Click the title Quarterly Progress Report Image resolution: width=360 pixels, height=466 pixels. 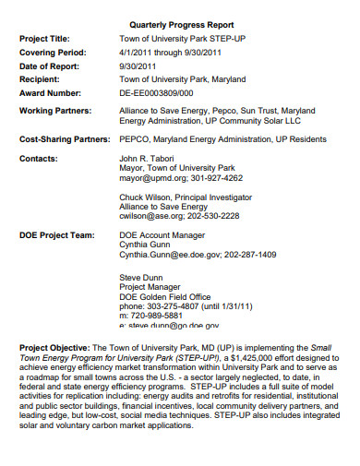tap(182, 24)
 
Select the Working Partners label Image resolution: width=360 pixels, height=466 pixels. tap(54, 110)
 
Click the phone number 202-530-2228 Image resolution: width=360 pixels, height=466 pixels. tap(213, 215)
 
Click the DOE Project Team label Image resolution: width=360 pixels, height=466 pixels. tap(57, 235)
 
